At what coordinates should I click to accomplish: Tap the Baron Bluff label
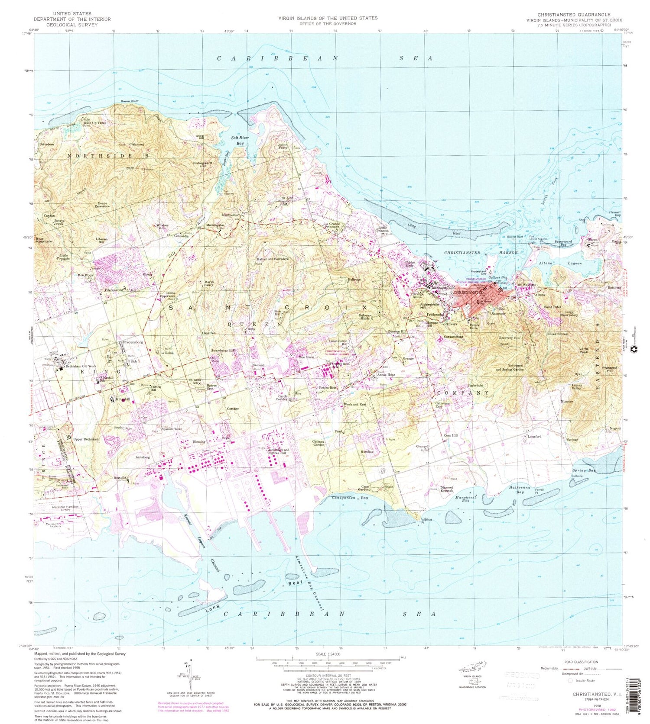(x=129, y=101)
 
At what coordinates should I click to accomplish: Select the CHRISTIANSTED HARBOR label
(x=481, y=252)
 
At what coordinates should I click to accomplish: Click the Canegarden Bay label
(x=350, y=498)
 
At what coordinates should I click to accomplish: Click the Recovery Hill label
(x=509, y=338)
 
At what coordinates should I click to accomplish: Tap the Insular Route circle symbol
(x=570, y=680)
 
